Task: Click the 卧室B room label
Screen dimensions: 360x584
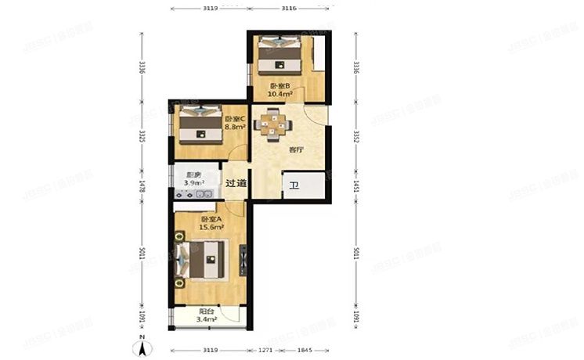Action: (280, 86)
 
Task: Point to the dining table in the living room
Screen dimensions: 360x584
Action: (272, 124)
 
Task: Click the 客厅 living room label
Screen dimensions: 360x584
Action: (296, 149)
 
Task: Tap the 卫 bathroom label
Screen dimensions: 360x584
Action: (293, 185)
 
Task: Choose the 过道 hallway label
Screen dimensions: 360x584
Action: (236, 184)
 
